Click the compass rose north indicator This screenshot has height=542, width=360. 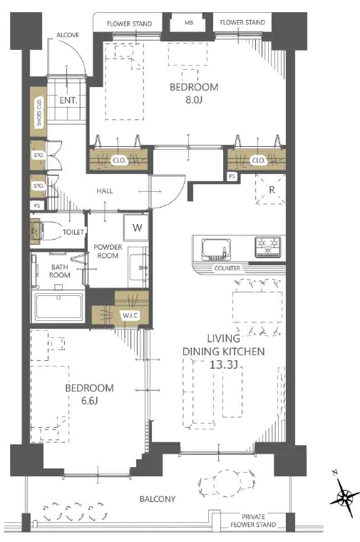pos(344,494)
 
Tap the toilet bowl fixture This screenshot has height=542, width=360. pos(44,230)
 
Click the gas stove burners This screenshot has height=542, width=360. pos(267,247)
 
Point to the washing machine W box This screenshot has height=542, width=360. pos(137,227)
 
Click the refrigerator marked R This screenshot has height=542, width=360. pos(270,189)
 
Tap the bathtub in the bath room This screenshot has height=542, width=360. pos(58,307)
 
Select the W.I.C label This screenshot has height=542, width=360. pos(130,315)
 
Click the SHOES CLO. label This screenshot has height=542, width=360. pos(39,112)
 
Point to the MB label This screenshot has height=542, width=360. pos(188,23)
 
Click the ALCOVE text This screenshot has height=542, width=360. pos(68,35)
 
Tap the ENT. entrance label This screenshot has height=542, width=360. pos(68,101)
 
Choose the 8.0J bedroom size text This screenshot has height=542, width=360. pos(194,101)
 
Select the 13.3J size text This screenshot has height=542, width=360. pos(224,364)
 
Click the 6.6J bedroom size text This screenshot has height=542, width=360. pos(90,401)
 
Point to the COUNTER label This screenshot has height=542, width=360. pos(227,268)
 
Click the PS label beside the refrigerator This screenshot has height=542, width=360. pos(232,176)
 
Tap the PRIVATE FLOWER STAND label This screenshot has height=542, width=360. pos(253,521)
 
